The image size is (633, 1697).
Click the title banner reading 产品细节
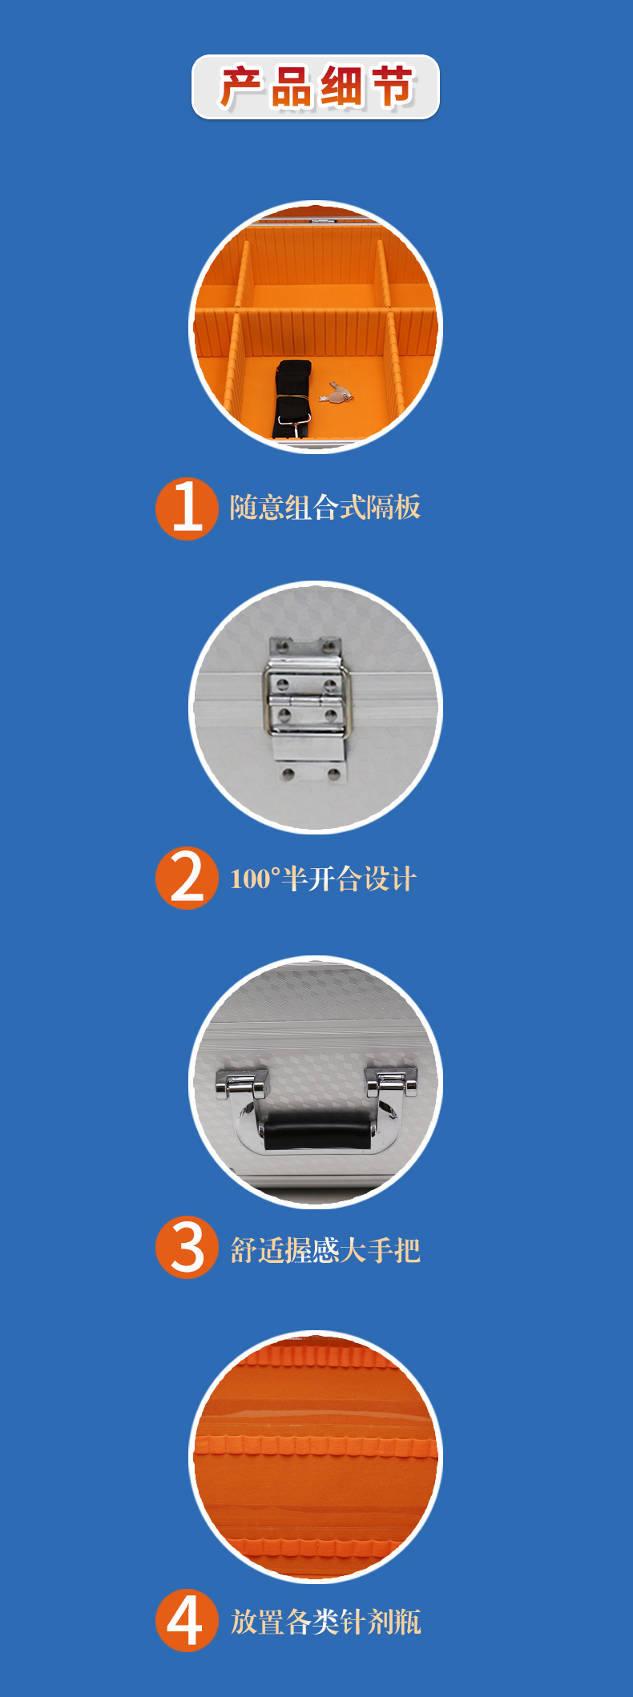pyautogui.click(x=316, y=86)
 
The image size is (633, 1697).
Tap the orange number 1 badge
pyautogui.click(x=187, y=509)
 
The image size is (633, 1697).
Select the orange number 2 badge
pyautogui.click(x=187, y=878)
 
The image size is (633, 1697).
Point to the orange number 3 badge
pyautogui.click(x=187, y=1247)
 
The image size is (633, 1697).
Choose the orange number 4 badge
pyautogui.click(x=187, y=1620)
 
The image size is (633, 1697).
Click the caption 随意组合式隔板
pyautogui.click(x=325, y=507)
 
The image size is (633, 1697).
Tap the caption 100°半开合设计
pyautogui.click(x=323, y=879)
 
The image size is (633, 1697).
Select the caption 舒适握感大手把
pyautogui.click(x=325, y=1249)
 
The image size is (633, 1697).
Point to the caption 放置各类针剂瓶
pyautogui.click(x=325, y=1622)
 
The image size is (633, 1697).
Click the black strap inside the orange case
pyautogui.click(x=292, y=399)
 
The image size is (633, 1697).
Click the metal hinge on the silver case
pyautogui.click(x=307, y=698)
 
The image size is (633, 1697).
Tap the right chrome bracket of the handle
pyautogui.click(x=392, y=1082)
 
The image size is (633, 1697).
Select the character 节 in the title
pyautogui.click(x=391, y=87)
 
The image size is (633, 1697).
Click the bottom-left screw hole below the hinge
pyautogui.click(x=288, y=774)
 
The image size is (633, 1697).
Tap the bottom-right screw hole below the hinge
pyautogui.click(x=333, y=774)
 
